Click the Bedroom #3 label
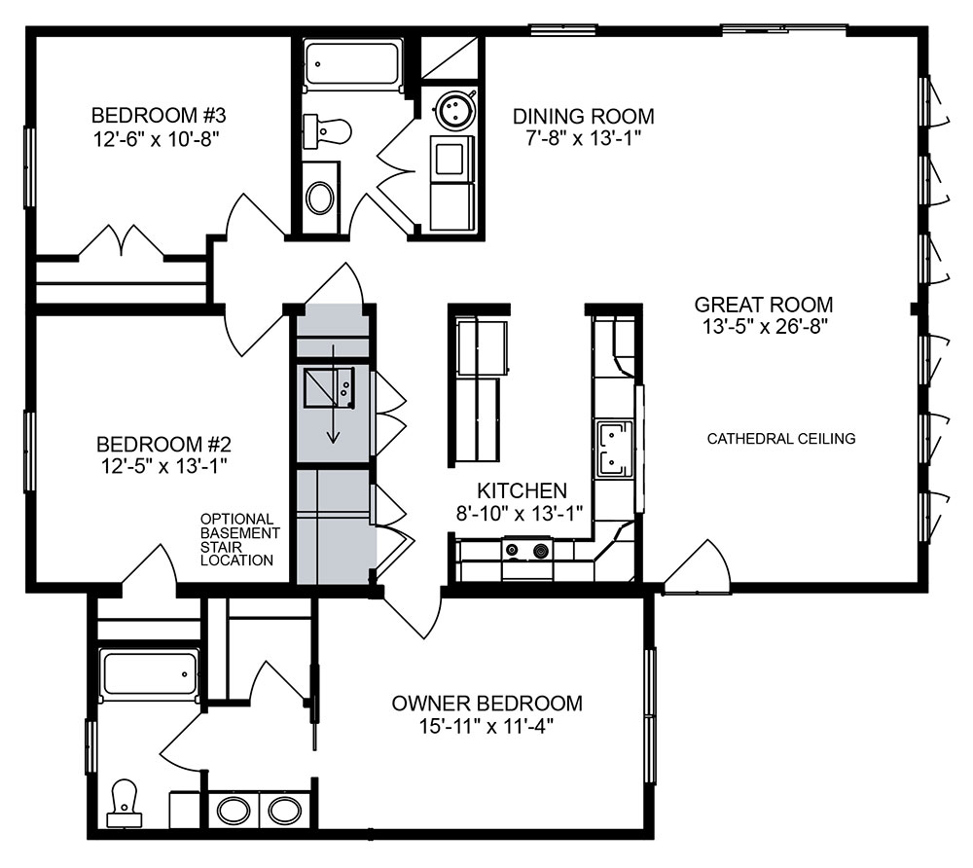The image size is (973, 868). click(x=159, y=116)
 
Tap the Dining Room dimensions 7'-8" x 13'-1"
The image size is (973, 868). click(x=583, y=138)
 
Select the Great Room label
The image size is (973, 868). click(x=763, y=305)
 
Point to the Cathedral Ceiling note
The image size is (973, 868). click(x=781, y=439)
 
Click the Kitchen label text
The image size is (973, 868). click(x=522, y=490)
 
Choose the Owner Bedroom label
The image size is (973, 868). click(x=487, y=703)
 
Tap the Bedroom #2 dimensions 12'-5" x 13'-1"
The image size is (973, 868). click(x=163, y=465)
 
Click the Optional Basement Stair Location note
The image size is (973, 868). click(x=239, y=539)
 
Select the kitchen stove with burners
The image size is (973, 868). click(x=527, y=551)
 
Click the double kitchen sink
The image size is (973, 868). click(x=614, y=449)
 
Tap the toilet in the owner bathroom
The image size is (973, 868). click(x=125, y=804)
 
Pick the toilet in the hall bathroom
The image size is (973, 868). click(x=327, y=131)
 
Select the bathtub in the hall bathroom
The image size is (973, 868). click(x=352, y=63)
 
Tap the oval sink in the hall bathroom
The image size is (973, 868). click(x=320, y=198)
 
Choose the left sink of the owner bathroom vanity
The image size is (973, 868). click(x=234, y=811)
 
